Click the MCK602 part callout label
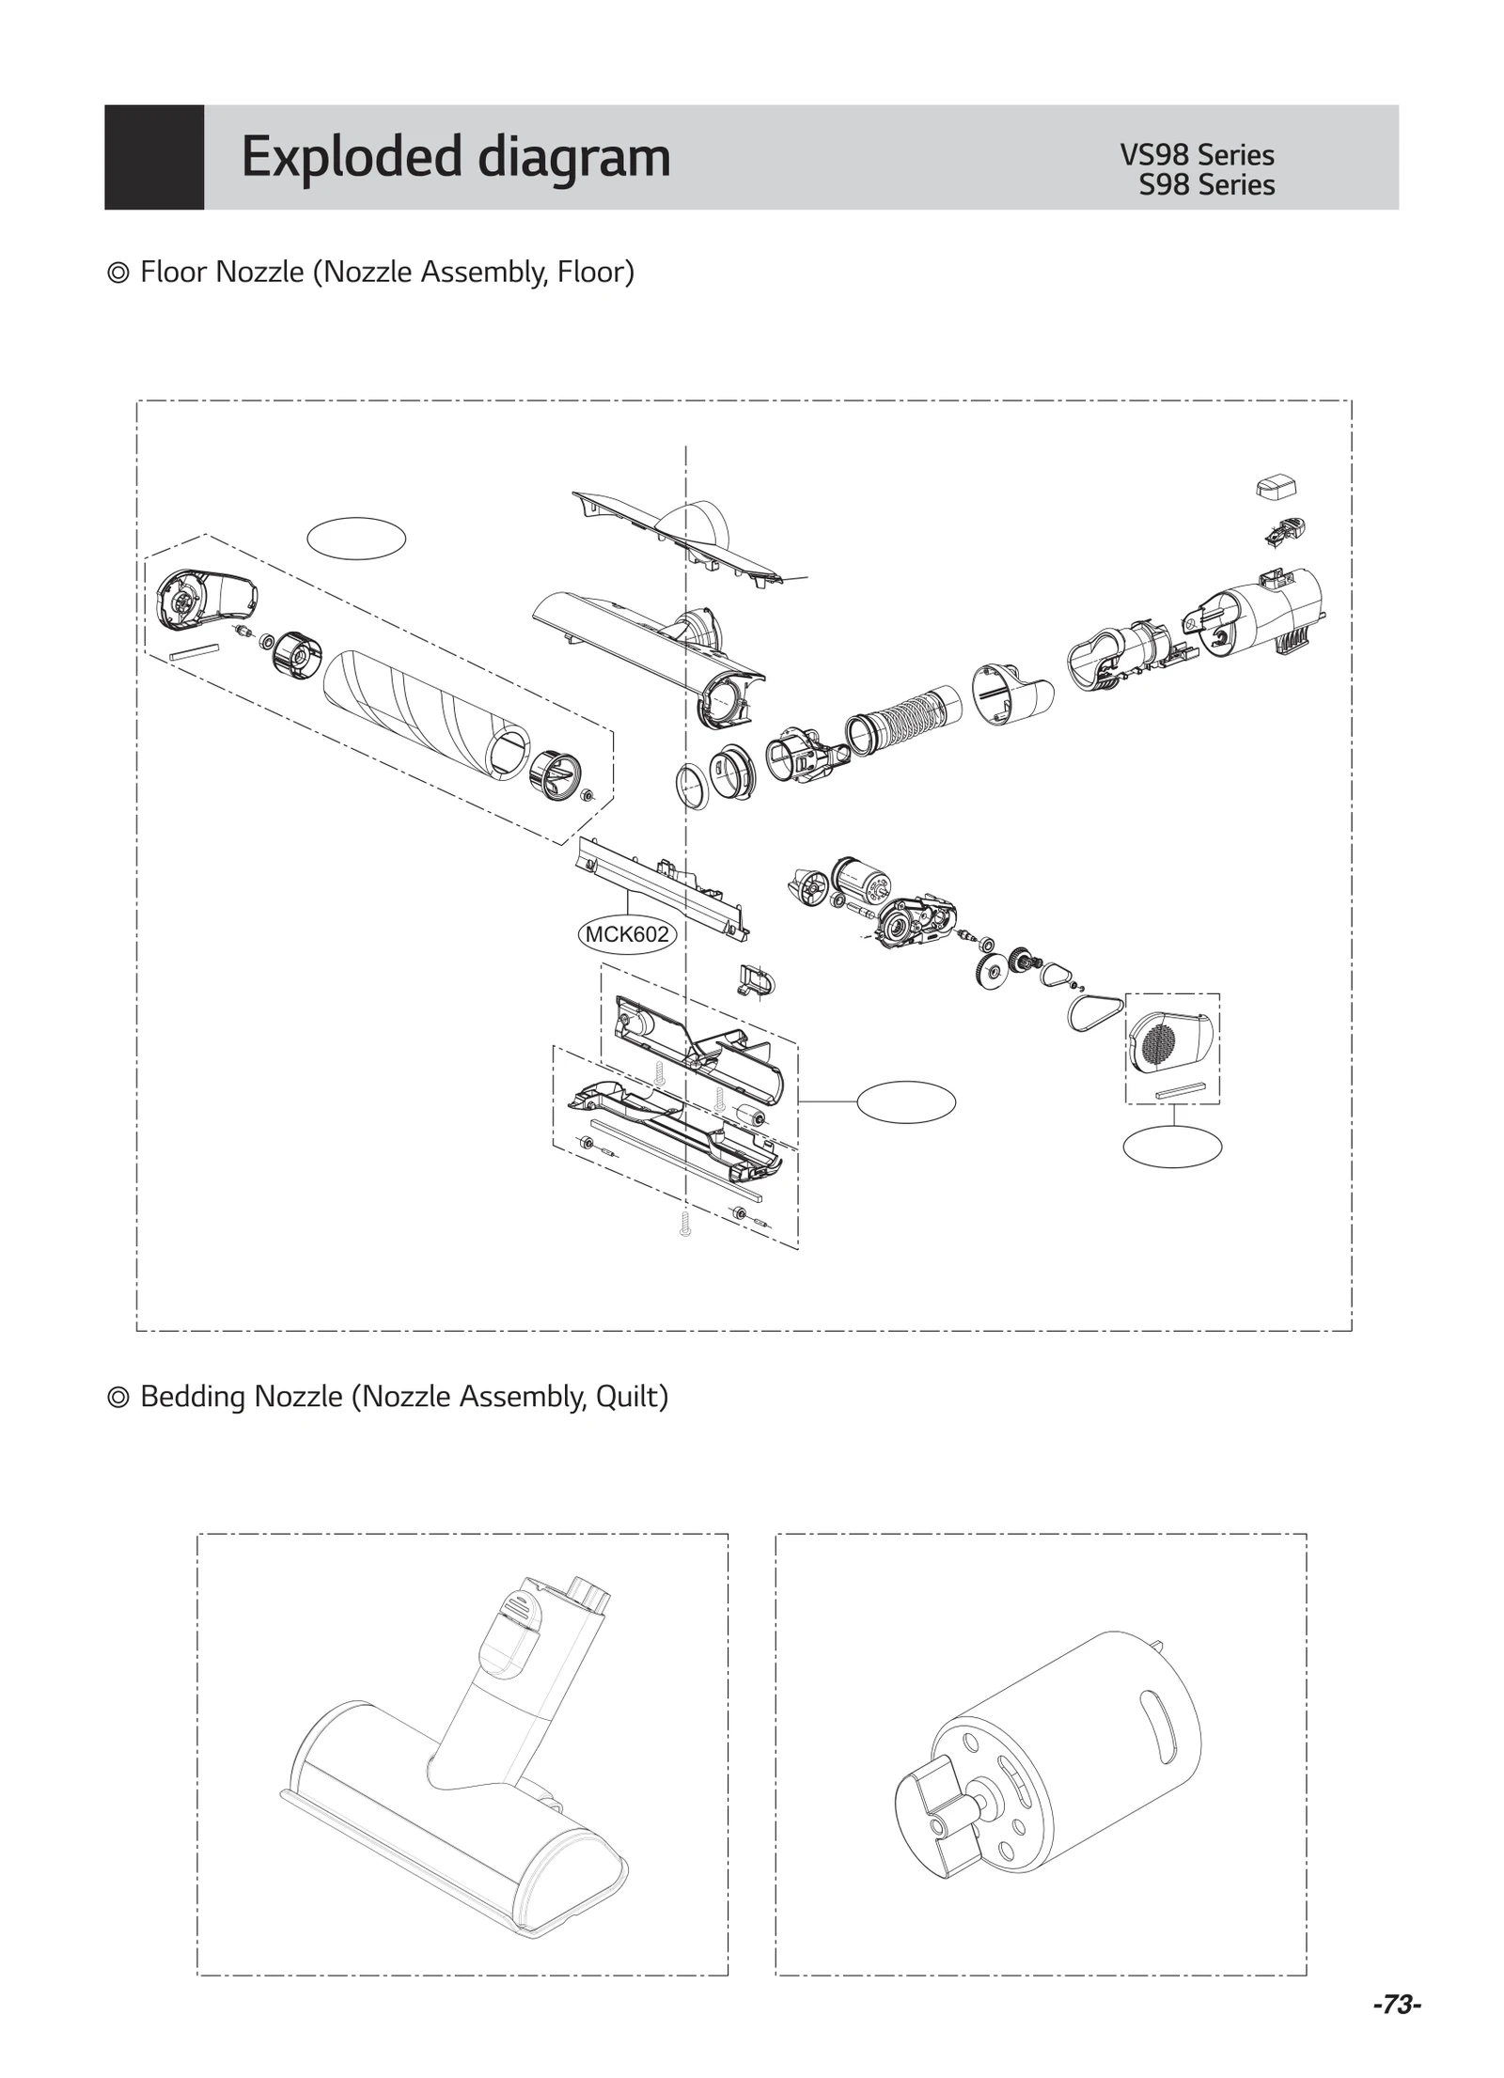click(626, 934)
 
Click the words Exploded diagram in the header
click(456, 156)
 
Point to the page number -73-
click(1396, 2005)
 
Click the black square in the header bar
click(154, 157)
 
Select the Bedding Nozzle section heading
click(388, 1397)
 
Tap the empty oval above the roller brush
click(356, 539)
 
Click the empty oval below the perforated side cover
click(1172, 1147)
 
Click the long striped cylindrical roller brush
click(428, 714)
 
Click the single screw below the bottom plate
click(684, 1223)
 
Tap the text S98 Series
click(1206, 185)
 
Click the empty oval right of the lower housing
click(906, 1101)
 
